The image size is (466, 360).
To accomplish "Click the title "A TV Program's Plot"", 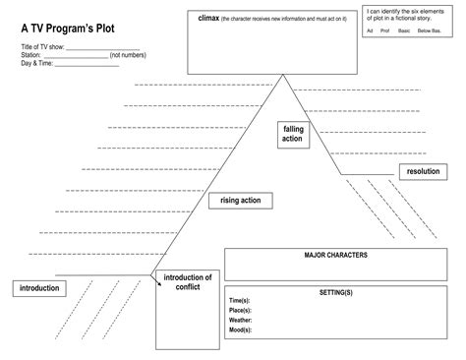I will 68,29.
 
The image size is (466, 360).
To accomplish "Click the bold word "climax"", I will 209,18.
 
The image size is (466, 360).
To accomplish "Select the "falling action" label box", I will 292,134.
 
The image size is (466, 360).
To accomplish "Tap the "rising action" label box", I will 240,201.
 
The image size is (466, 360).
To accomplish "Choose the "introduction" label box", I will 38,288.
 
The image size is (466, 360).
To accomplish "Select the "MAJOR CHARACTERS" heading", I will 335,255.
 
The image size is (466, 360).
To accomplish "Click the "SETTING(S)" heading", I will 335,292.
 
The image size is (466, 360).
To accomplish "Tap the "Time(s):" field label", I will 239,300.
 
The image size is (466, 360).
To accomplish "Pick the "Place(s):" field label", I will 240,310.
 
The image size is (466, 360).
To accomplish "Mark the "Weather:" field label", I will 240,320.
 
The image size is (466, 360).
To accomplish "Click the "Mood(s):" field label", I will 240,330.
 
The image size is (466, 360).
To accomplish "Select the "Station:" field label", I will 31,56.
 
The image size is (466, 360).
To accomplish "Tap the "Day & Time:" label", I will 37,64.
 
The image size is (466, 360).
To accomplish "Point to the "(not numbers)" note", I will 129,56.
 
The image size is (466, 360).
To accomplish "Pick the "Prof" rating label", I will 385,30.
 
